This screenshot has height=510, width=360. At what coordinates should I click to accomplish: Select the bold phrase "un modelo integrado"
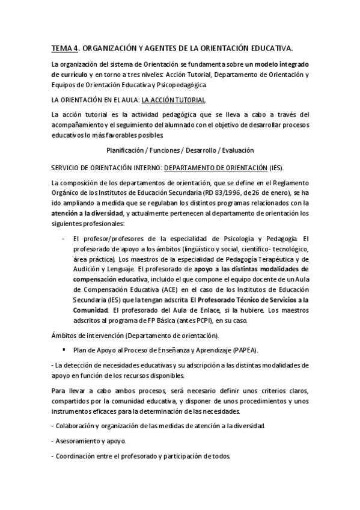pyautogui.click(x=276, y=64)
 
